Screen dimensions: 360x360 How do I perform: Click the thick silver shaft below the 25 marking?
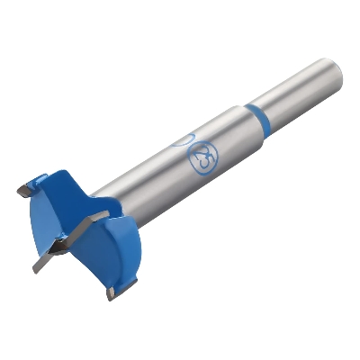pos(171,184)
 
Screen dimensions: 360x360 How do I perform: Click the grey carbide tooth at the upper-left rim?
pos(23,190)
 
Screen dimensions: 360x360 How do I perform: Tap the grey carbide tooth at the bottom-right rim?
pos(110,292)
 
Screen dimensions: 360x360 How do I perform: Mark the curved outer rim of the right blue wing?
pos(144,270)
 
